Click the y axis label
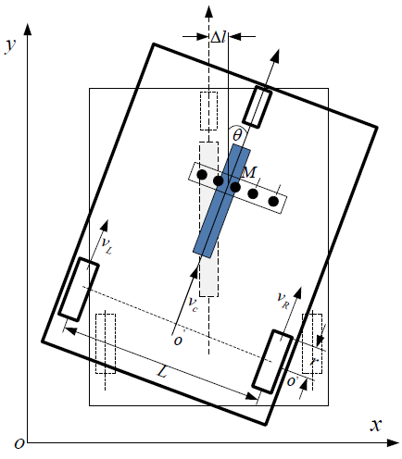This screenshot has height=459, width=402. (x=10, y=46)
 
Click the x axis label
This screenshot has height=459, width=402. (x=376, y=425)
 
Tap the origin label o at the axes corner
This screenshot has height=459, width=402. (x=19, y=443)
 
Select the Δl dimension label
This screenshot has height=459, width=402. (x=219, y=37)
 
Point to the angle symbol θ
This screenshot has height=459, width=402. (x=237, y=135)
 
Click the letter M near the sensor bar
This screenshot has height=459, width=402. (x=249, y=172)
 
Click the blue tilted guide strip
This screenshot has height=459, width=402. (x=221, y=201)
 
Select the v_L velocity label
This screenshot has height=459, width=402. (x=107, y=245)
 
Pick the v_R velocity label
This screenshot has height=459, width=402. (x=283, y=300)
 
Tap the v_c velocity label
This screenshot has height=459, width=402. (x=193, y=304)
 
